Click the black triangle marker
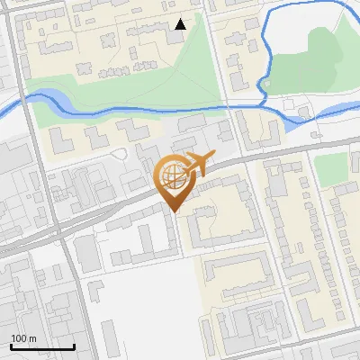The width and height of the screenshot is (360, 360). (x=181, y=24)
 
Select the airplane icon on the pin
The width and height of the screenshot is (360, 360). (x=197, y=165)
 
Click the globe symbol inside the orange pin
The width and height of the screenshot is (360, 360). (x=172, y=177)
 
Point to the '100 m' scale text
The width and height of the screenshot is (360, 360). (x=23, y=338)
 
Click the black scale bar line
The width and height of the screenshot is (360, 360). (x=42, y=346)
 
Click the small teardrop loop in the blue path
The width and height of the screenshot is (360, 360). (x=265, y=85)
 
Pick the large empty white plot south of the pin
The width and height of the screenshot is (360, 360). (x=144, y=310)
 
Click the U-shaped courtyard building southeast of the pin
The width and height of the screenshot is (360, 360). (x=220, y=216)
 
